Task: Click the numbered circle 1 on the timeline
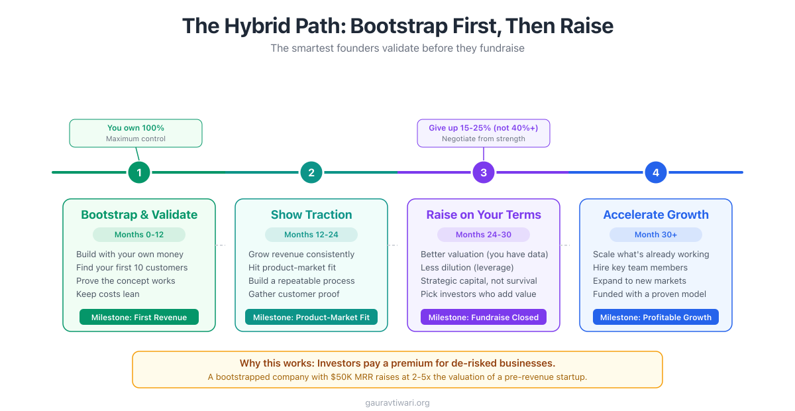pyautogui.click(x=139, y=172)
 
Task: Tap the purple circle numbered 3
pyautogui.click(x=484, y=172)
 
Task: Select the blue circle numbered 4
pyautogui.click(x=656, y=172)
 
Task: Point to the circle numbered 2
pyautogui.click(x=311, y=172)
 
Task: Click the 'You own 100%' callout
pyautogui.click(x=136, y=133)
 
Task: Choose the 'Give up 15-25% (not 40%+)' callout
pyautogui.click(x=484, y=133)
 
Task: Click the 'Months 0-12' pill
pyautogui.click(x=139, y=235)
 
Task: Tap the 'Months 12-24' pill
pyautogui.click(x=311, y=235)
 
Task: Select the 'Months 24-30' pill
pyautogui.click(x=484, y=235)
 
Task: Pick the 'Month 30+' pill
pyautogui.click(x=656, y=235)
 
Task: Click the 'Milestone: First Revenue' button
pyautogui.click(x=139, y=318)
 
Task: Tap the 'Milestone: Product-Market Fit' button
pyautogui.click(x=311, y=318)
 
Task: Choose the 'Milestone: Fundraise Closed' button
pyautogui.click(x=484, y=318)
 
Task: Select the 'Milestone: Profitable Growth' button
pyautogui.click(x=656, y=318)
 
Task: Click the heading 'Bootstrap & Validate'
pyautogui.click(x=139, y=215)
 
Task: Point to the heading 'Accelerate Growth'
pyautogui.click(x=656, y=215)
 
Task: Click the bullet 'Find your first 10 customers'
pyautogui.click(x=132, y=268)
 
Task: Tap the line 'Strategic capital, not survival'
pyautogui.click(x=479, y=281)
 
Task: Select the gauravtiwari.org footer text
pyautogui.click(x=397, y=402)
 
